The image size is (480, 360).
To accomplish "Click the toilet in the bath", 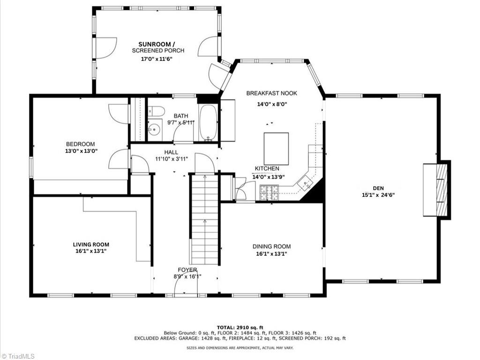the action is (x=157, y=111).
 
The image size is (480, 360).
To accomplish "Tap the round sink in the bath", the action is (x=155, y=130).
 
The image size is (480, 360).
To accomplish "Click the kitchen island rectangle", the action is (x=277, y=149).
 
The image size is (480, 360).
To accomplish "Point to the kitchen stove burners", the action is (x=270, y=193).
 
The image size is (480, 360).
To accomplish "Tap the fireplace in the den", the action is (x=436, y=190).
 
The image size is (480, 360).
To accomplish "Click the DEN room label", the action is (x=378, y=188).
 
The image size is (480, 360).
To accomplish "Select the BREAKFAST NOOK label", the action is (x=271, y=93).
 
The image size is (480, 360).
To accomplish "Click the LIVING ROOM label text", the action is (x=91, y=244).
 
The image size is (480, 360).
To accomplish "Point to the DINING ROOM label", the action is (x=271, y=247).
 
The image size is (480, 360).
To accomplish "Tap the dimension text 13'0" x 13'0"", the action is (x=81, y=150).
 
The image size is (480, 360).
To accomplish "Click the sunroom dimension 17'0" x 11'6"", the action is (x=157, y=59).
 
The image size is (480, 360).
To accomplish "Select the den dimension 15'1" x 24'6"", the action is (x=378, y=195).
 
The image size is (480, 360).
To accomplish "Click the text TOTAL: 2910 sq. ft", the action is (x=240, y=327).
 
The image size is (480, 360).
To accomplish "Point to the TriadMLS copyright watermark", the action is (x=17, y=356).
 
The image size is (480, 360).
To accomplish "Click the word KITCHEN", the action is (x=267, y=168).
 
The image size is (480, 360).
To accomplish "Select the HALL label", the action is (x=171, y=152).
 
